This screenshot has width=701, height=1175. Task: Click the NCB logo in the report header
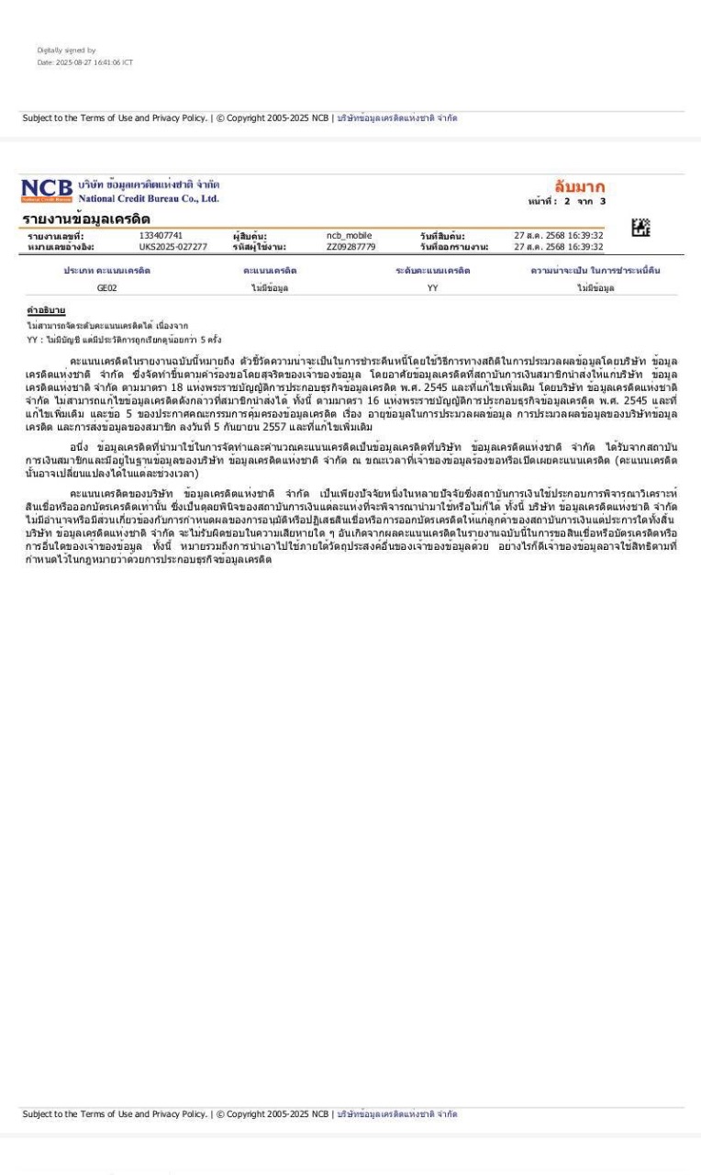tap(47, 190)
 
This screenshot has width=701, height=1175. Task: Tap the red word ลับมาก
tap(579, 186)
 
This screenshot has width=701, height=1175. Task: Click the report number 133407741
tap(161, 236)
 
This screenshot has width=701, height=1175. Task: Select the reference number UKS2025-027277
tap(173, 247)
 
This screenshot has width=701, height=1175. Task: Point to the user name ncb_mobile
tap(349, 236)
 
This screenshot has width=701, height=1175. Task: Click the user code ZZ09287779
tap(350, 247)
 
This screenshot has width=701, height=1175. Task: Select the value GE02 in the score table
tap(107, 288)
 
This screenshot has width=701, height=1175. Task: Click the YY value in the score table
tap(432, 288)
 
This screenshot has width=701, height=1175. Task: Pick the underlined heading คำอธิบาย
tap(43, 311)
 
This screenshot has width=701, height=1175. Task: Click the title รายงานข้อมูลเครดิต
tap(86, 218)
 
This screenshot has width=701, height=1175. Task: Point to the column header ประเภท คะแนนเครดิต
tap(107, 271)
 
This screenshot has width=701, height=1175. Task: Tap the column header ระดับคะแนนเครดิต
tap(432, 271)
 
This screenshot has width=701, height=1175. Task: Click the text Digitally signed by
tap(66, 50)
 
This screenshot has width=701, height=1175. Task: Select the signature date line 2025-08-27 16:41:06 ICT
tap(84, 62)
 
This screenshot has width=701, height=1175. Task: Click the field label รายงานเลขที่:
tap(56, 236)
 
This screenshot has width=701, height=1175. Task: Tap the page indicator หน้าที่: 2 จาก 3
tap(567, 201)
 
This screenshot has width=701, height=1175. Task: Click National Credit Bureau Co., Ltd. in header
tap(149, 198)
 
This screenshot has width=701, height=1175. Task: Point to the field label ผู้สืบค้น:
tap(250, 236)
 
